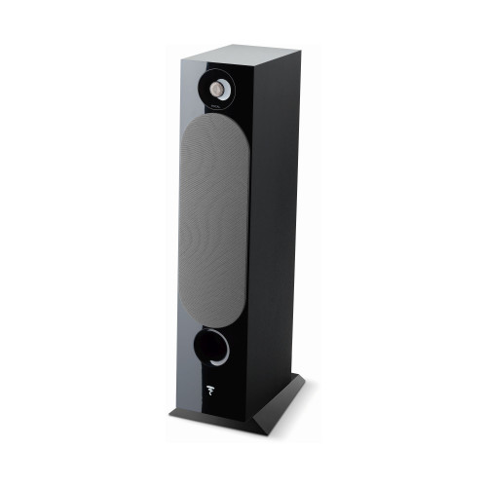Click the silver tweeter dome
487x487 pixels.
coord(221,92)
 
